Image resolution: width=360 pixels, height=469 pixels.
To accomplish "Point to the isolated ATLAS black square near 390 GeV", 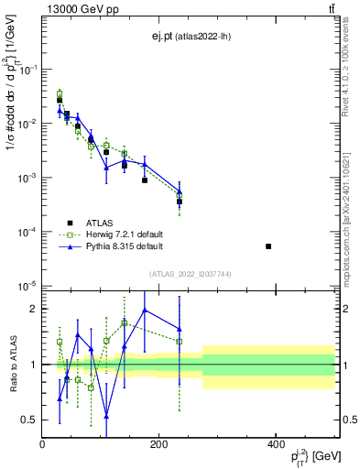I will [268, 246].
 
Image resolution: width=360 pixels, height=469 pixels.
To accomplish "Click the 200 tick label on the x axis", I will [158, 444].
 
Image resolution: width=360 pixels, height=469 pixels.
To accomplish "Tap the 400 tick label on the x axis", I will [276, 444].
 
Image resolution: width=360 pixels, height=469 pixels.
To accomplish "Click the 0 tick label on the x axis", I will [42, 444].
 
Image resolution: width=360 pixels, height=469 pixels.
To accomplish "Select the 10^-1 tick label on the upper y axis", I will [30, 70].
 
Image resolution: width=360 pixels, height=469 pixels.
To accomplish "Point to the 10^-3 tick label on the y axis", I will [30, 178].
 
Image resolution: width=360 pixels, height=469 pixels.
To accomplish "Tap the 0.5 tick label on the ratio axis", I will [29, 420].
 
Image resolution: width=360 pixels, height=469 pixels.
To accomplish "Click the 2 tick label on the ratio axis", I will [35, 309].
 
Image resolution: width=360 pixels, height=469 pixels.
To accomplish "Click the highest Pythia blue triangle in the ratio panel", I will [145, 310].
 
